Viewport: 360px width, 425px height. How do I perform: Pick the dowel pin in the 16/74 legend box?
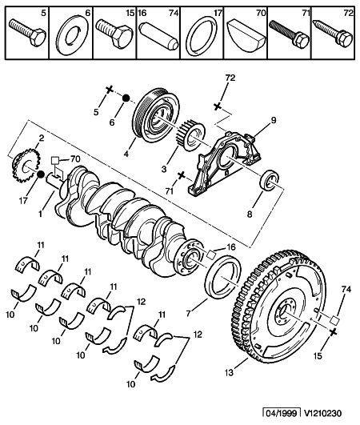point(158,36)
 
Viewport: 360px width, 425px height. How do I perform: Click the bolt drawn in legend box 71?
point(289,33)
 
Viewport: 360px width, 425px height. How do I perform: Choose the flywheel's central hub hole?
point(284,313)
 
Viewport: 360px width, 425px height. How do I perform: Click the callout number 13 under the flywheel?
point(229,372)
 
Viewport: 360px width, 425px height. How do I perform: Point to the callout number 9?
point(274,120)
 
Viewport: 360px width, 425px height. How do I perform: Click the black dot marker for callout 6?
point(126,98)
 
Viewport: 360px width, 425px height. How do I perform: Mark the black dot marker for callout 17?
point(40,174)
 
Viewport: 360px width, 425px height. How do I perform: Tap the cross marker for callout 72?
point(217,106)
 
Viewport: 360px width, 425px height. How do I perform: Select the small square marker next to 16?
point(211,255)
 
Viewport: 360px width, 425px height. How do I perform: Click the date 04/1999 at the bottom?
point(282,413)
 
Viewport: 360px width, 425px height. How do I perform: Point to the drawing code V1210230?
point(322,413)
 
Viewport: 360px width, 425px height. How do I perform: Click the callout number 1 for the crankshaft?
point(40,215)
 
